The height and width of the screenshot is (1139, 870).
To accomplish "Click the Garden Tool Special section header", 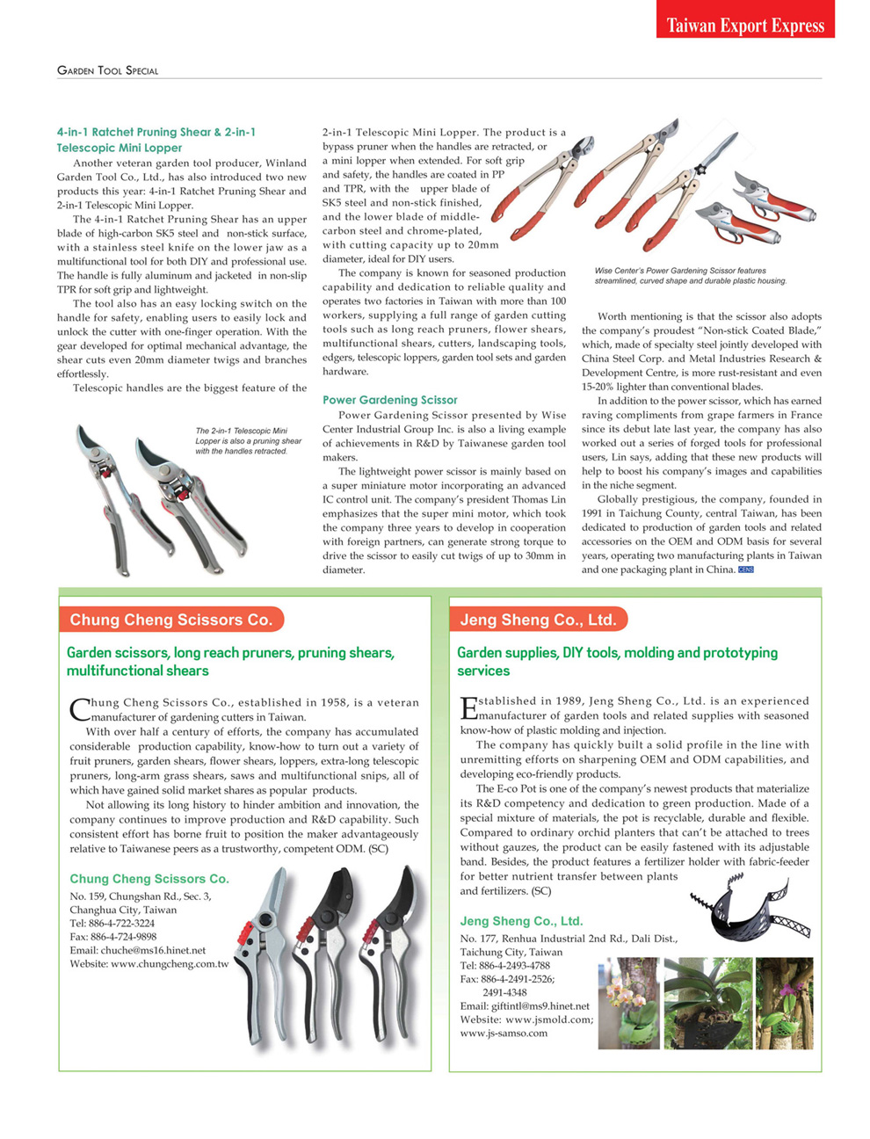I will (x=107, y=70).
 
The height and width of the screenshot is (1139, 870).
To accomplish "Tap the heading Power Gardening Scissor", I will (x=389, y=400).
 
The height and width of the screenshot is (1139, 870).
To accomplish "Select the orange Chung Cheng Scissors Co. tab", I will (x=171, y=620).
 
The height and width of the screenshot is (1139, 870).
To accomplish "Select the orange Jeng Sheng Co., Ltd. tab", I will (x=538, y=620).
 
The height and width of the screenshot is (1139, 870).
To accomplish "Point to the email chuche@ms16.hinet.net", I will (x=138, y=950).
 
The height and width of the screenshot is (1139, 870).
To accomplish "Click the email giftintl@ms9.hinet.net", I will (x=525, y=1006).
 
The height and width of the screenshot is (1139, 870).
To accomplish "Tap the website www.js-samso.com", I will (x=504, y=1034).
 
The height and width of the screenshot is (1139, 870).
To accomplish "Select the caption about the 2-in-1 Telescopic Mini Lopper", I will (x=248, y=441).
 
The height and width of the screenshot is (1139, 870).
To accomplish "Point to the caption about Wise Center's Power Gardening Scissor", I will (x=690, y=276).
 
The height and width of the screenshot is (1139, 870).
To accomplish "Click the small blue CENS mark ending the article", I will (x=745, y=570).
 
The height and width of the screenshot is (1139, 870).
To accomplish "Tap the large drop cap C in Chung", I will (x=78, y=708).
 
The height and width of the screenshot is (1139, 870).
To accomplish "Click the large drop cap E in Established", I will (x=468, y=707).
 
